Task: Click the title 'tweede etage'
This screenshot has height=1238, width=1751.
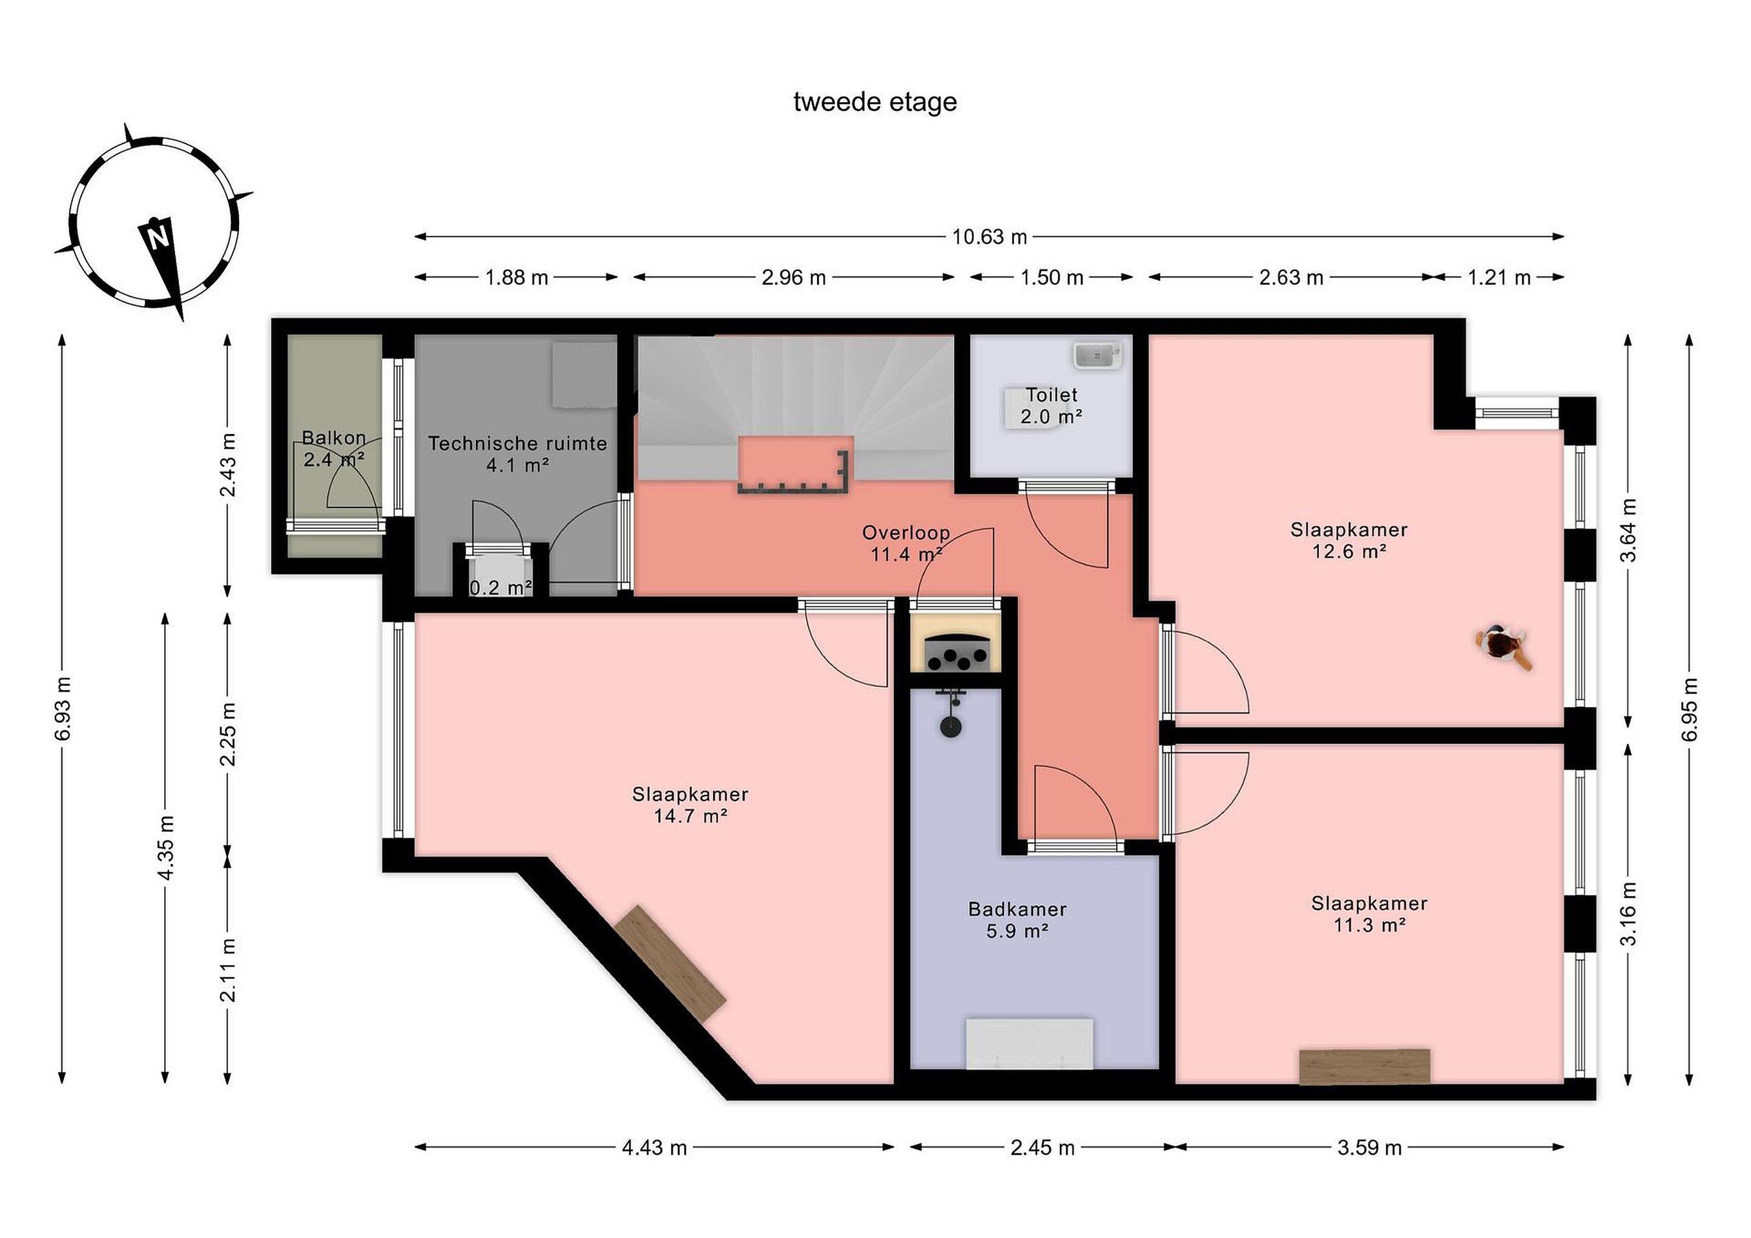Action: click(x=875, y=102)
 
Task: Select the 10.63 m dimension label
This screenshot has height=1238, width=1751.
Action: click(x=989, y=237)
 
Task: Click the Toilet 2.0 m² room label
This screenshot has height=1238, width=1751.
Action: click(x=1052, y=405)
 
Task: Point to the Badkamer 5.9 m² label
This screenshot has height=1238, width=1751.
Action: click(x=1017, y=920)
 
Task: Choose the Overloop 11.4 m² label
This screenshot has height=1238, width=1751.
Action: click(x=906, y=543)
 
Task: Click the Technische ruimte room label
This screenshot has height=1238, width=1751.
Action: click(x=518, y=453)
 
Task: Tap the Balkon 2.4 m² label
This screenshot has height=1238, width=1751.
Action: click(x=334, y=449)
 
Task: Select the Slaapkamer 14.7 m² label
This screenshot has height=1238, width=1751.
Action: click(x=690, y=805)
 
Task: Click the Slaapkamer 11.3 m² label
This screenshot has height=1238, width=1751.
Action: click(x=1370, y=914)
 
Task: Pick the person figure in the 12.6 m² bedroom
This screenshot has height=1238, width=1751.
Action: click(x=1503, y=647)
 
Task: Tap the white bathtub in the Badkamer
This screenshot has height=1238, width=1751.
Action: click(x=1029, y=1044)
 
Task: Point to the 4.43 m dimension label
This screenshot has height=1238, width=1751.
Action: click(x=654, y=1147)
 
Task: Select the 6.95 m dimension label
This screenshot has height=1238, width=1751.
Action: click(x=1690, y=708)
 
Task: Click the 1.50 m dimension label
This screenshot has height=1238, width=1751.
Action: click(x=1052, y=278)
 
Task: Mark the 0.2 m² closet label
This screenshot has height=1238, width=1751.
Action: click(x=500, y=588)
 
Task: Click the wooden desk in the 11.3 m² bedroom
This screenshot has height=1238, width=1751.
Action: click(x=1364, y=1067)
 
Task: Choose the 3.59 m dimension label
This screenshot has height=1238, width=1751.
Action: click(x=1370, y=1147)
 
